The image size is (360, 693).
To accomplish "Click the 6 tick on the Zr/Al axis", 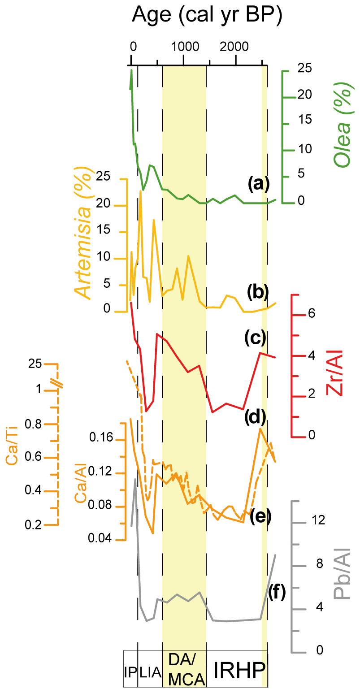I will (x=312, y=314).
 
